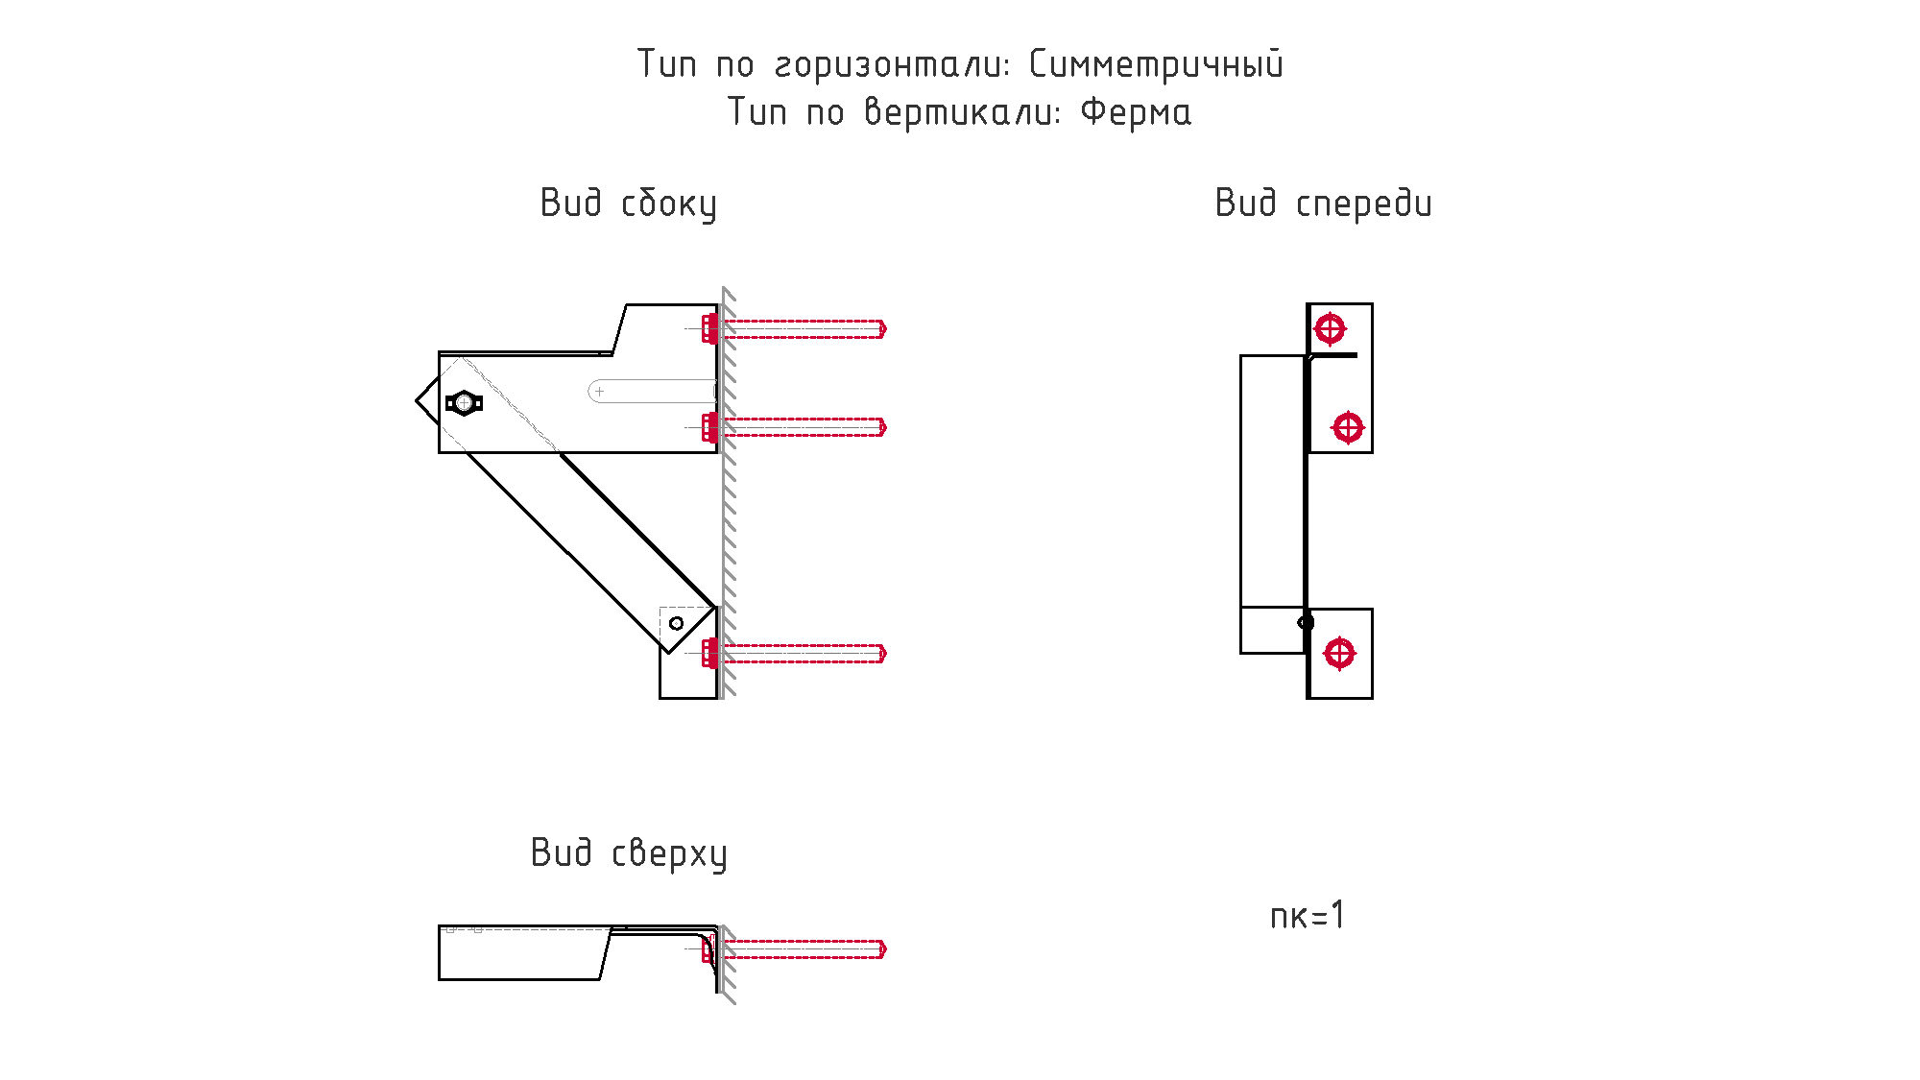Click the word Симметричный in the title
point(1156,65)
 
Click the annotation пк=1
point(1308,916)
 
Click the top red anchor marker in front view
point(1330,329)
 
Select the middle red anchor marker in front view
point(1348,427)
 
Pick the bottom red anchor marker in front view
point(1339,654)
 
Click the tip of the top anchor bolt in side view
point(884,329)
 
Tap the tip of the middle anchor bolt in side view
point(884,427)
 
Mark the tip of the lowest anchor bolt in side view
point(884,654)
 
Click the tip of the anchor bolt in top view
point(884,949)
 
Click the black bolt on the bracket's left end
point(464,403)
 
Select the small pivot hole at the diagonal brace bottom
point(676,624)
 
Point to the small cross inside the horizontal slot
point(600,392)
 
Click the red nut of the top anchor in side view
point(709,329)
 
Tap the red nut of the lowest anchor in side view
point(709,654)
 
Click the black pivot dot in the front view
point(1306,623)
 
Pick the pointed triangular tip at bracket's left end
point(418,400)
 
